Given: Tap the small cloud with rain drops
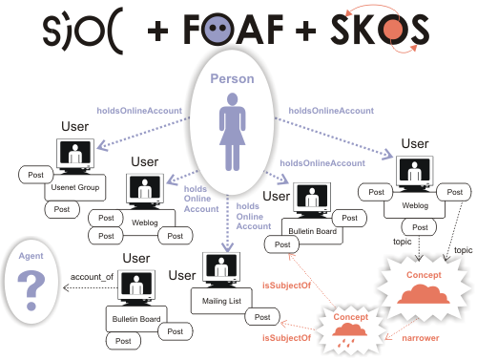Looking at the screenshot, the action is coord(345,325).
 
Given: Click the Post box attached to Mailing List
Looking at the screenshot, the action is coord(263,317).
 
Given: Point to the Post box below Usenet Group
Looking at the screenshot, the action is coord(62,208).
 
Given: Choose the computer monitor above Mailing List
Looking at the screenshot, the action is coord(219,268).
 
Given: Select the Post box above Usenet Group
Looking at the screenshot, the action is coord(37,175).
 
